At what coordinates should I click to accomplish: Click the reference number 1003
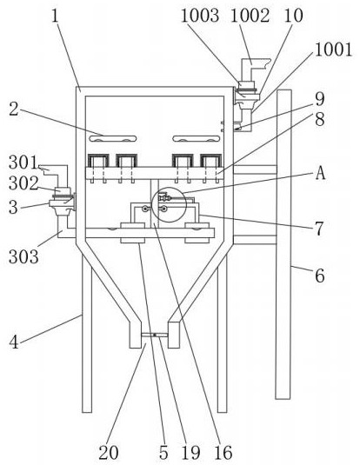coord(200,16)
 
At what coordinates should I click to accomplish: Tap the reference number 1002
coord(250,16)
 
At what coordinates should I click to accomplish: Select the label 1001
coord(333,50)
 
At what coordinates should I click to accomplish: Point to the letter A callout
coord(320,173)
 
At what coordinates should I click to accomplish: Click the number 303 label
coord(23,256)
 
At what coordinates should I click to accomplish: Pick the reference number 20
coord(109,453)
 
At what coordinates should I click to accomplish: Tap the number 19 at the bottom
coord(190,453)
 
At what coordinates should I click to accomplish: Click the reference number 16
coord(223,453)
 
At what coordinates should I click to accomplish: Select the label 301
coord(23,163)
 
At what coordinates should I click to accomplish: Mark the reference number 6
coord(320,276)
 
